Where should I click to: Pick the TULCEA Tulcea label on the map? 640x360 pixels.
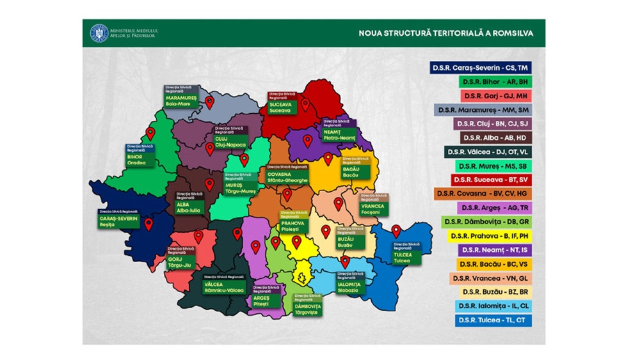[x=404, y=255]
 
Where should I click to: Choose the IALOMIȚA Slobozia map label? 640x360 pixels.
[x=349, y=285]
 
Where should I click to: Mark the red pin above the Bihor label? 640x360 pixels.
[x=150, y=133]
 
